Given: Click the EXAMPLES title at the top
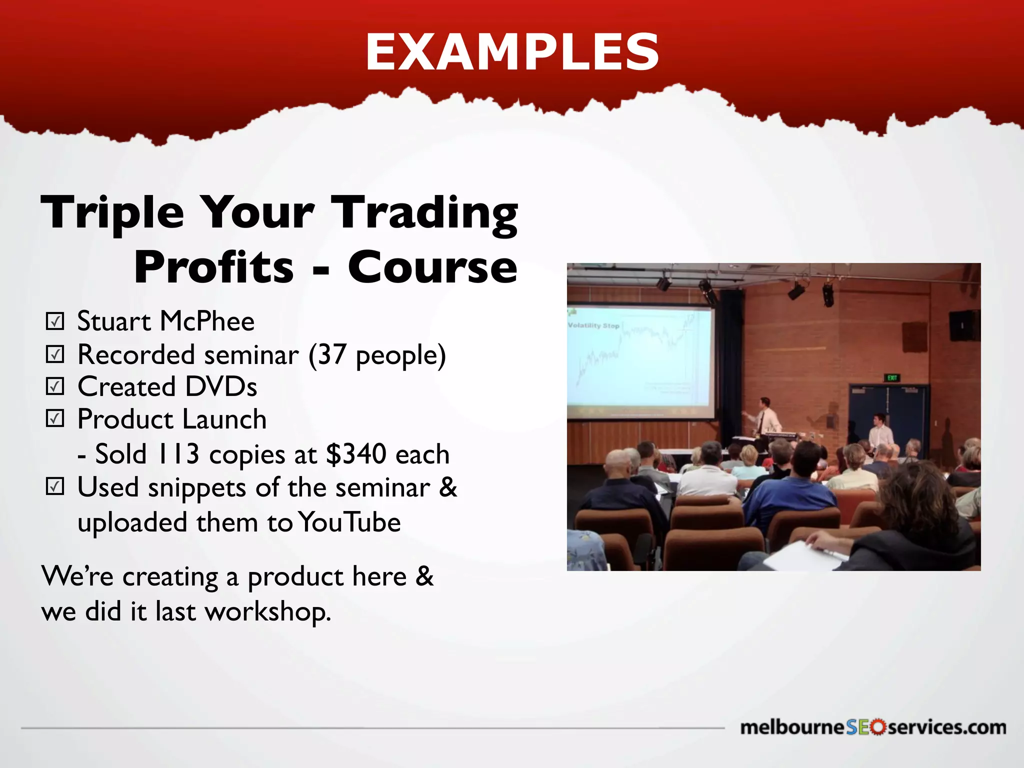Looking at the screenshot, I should point(512,52).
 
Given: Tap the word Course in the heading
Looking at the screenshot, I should point(432,267).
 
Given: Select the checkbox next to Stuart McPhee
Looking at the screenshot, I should point(55,321).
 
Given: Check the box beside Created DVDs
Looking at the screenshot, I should point(55,386).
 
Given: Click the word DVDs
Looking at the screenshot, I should point(220,387).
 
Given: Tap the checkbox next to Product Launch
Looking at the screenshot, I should point(55,418).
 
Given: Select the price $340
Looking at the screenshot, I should point(356,454).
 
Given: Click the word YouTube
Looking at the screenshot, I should point(349,522).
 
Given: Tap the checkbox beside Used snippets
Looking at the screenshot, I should point(55,486).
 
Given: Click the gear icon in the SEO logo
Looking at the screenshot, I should point(877,727).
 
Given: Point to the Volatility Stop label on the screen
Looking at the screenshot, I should point(593,325).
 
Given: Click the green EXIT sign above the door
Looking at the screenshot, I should point(892,378).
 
